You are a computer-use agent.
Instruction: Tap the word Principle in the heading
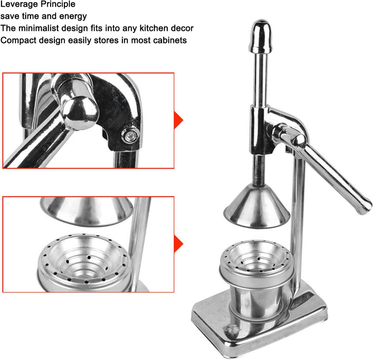(x=57, y=4)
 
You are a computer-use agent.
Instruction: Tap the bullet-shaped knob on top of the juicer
(x=260, y=36)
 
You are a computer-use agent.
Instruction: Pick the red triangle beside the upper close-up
(x=179, y=120)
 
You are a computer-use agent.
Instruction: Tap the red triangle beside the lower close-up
(x=179, y=244)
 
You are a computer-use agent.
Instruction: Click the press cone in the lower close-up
(x=86, y=211)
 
